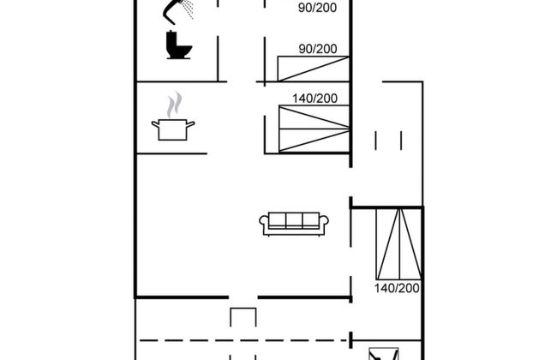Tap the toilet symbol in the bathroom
point(179,45)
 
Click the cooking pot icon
point(173,129)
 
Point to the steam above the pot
point(175,105)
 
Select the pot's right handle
point(190,125)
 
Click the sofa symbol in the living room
point(294,224)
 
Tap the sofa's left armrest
point(264,225)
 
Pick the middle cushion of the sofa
point(294,220)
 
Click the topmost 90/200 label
point(317,8)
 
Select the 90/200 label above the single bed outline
point(318,49)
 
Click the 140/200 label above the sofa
point(314,98)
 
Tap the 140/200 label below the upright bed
point(397,288)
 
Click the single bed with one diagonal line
point(314,69)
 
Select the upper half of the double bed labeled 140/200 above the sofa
point(314,117)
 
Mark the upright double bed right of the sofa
point(399,243)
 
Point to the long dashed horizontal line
point(243,340)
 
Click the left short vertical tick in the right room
point(375,141)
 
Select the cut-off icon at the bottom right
point(383,354)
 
